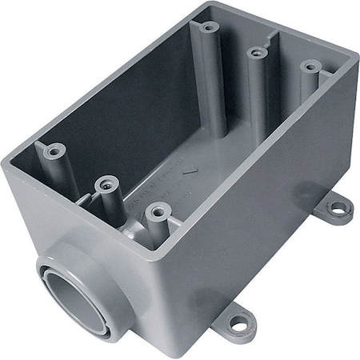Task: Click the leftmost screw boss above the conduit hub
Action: click(55, 150)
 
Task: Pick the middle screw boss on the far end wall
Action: click(257, 53)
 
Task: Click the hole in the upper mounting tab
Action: click(338, 209)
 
